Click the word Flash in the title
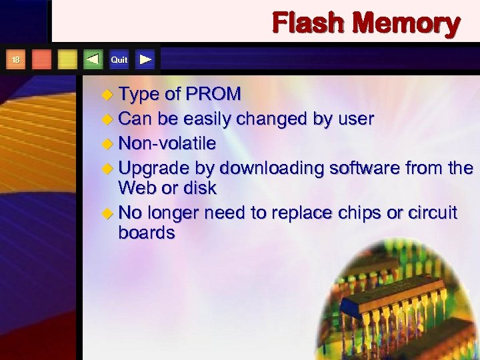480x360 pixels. [x=308, y=23]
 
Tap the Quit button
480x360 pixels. [x=119, y=60]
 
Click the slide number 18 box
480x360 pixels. [x=16, y=60]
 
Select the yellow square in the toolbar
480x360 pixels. [x=67, y=60]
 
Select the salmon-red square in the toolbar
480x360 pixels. [x=42, y=60]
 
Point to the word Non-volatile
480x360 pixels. [x=167, y=143]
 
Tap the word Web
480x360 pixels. [x=138, y=188]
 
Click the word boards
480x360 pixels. [x=147, y=233]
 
